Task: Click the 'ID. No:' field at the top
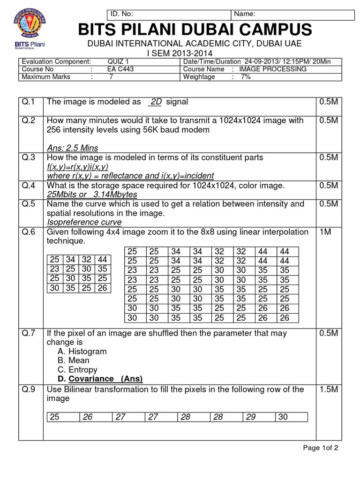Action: point(169,14)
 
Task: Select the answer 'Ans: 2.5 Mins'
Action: point(73,148)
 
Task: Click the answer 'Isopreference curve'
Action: point(84,222)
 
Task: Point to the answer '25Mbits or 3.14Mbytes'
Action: point(92,194)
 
